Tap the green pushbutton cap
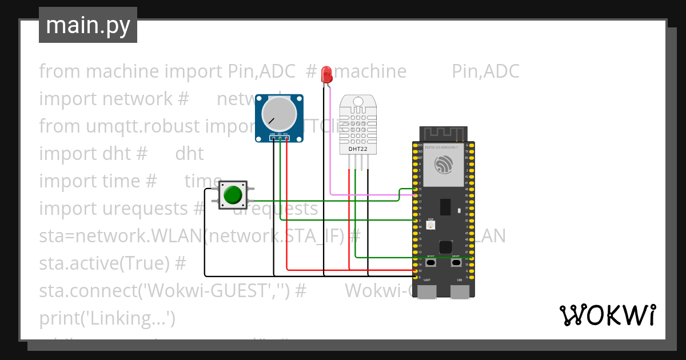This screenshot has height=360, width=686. coord(233,195)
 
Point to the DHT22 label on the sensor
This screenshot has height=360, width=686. coord(358,150)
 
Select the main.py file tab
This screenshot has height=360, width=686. coord(88,25)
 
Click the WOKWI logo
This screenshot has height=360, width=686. coord(607,315)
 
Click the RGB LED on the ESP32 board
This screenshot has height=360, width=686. coord(431,225)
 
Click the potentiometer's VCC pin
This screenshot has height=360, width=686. coord(286,138)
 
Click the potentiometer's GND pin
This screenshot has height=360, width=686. coord(273,138)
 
